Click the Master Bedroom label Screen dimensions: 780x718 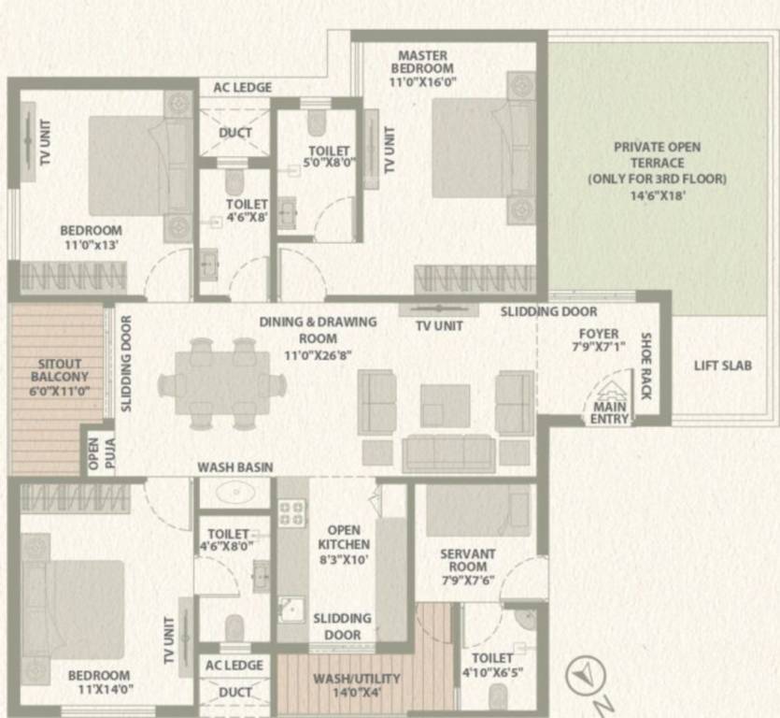(x=422, y=62)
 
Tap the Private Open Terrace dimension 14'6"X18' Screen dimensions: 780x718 (x=658, y=195)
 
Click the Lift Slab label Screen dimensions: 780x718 (x=723, y=366)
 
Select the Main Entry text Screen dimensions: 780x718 (x=610, y=413)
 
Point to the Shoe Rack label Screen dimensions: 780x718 (x=645, y=366)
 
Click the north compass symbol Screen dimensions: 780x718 (x=586, y=675)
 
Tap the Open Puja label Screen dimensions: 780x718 (x=101, y=453)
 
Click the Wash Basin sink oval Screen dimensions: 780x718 (x=235, y=493)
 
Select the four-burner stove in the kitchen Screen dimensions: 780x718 (x=292, y=513)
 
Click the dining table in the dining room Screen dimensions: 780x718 (x=222, y=383)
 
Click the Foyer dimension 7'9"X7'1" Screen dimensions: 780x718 (x=599, y=347)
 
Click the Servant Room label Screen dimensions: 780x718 (x=468, y=560)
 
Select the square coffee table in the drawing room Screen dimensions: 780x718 (x=446, y=406)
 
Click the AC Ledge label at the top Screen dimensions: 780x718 (x=243, y=88)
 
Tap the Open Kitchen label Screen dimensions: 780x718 (x=344, y=538)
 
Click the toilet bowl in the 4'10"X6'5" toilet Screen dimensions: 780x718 (x=498, y=696)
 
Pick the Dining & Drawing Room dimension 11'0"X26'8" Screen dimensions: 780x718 (x=318, y=355)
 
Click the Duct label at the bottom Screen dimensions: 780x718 (x=234, y=692)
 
